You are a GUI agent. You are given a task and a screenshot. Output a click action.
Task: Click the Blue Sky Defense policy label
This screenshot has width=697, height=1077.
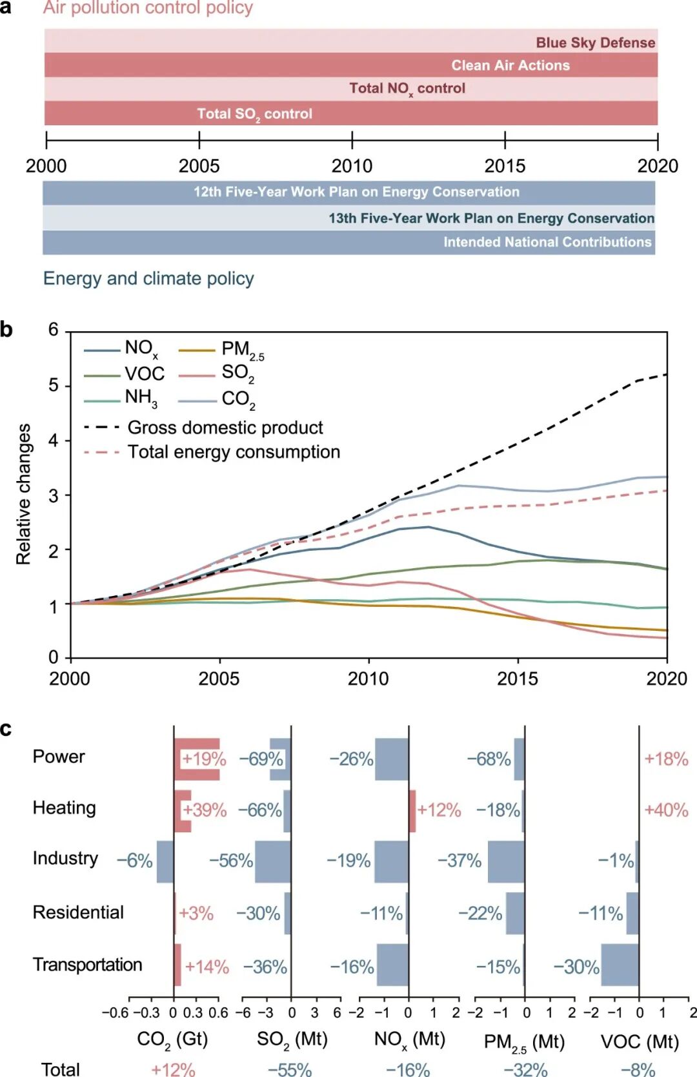[595, 43]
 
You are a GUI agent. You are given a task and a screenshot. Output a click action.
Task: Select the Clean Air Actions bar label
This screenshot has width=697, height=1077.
[510, 65]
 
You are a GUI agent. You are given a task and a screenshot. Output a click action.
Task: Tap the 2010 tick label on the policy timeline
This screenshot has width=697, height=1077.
[352, 166]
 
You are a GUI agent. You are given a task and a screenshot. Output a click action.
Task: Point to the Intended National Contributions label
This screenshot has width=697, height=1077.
[547, 242]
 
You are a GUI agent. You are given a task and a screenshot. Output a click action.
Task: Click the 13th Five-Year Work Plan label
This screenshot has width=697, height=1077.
[491, 218]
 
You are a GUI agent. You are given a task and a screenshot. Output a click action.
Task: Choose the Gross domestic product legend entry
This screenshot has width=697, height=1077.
[225, 427]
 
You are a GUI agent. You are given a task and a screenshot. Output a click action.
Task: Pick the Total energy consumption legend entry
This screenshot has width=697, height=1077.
[234, 452]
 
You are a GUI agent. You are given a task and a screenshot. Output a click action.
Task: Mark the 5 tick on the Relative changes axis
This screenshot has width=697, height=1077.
[54, 385]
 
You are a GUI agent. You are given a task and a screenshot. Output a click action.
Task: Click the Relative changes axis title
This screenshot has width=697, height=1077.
[23, 494]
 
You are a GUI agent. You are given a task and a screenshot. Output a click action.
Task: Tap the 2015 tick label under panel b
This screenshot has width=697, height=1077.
[517, 679]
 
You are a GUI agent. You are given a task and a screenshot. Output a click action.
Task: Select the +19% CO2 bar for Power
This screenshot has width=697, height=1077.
[197, 759]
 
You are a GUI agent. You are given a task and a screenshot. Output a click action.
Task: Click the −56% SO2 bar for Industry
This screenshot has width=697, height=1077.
[273, 861]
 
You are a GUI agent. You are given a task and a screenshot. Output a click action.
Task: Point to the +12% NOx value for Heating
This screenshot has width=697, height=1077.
[439, 810]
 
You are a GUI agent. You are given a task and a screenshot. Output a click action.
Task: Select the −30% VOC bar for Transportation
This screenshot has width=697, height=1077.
[620, 965]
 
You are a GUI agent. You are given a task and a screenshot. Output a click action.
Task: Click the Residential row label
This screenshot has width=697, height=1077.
[78, 912]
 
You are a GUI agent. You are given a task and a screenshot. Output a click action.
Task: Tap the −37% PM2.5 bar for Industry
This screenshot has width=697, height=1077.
[506, 861]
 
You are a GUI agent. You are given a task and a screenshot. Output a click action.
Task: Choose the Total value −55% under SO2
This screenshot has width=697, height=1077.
[290, 1069]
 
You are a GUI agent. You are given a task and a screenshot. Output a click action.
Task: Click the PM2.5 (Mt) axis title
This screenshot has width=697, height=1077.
[524, 1041]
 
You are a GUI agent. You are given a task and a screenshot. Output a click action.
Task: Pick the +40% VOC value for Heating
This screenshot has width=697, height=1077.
[666, 810]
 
